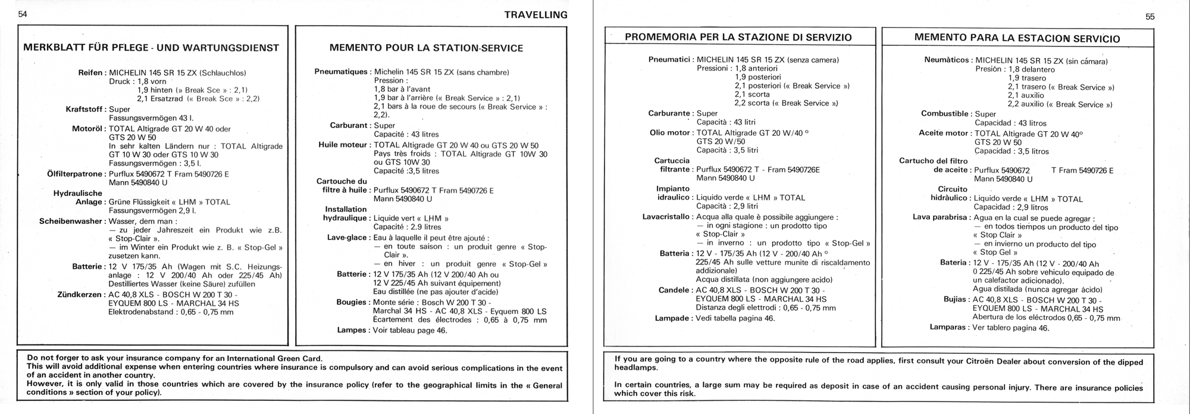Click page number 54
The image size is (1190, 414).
click(x=23, y=14)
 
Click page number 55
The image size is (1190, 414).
click(x=1150, y=17)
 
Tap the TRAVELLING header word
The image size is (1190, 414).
click(x=535, y=15)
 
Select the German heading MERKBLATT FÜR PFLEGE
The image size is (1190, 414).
click(x=151, y=48)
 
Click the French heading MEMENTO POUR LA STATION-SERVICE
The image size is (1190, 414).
click(x=426, y=48)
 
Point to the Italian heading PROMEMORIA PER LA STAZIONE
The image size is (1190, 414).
click(x=738, y=37)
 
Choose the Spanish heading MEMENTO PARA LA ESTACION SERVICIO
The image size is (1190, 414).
click(x=1017, y=38)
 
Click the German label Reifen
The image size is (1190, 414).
click(x=91, y=73)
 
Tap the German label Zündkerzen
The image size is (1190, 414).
click(x=80, y=294)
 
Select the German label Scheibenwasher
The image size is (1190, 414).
click(x=71, y=221)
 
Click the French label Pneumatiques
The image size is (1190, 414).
click(x=340, y=72)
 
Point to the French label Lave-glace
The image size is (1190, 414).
click(x=347, y=238)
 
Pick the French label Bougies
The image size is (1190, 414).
click(x=350, y=302)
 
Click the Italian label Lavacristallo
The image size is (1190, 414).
click(x=666, y=217)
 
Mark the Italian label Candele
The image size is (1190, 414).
click(x=674, y=290)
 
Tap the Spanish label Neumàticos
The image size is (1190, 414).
click(x=947, y=60)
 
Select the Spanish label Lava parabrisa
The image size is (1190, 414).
click(x=940, y=217)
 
